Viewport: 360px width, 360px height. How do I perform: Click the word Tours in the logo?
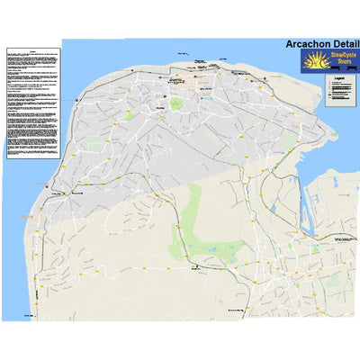[343, 66]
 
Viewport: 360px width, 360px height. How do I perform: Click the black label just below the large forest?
[194, 266]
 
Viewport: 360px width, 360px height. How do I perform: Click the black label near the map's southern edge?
[237, 310]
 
